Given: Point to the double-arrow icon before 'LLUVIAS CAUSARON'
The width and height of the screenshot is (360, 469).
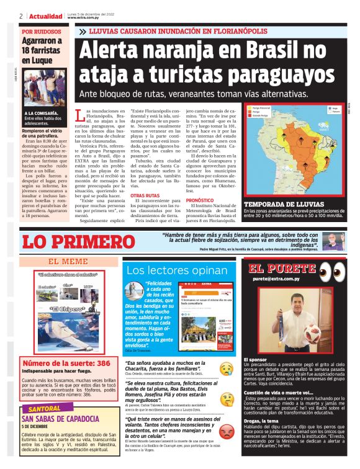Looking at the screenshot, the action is (x=82, y=31).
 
